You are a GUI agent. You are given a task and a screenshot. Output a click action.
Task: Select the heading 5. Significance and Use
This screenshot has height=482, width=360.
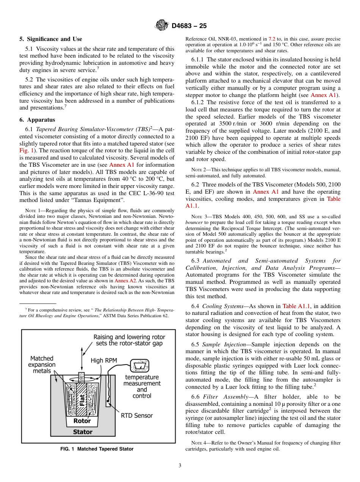coord(50,39)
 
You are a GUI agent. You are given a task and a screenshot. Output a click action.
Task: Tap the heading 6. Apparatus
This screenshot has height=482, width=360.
coord(37,120)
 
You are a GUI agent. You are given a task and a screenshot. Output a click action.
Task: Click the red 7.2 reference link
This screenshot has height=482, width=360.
coord(272,39)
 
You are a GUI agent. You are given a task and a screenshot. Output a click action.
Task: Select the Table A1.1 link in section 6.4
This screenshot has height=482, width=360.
coord(295,306)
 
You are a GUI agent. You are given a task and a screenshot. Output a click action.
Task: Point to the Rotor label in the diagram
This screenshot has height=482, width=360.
coord(82,421)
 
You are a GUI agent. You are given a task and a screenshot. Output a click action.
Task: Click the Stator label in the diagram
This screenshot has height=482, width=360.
coord(83,432)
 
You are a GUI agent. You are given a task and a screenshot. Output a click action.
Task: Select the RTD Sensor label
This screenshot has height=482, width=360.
coord(136,415)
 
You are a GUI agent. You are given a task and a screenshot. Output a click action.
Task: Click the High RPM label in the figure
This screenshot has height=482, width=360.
coord(102,361)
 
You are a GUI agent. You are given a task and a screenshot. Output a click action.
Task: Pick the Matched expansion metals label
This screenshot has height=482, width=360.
coord(42,365)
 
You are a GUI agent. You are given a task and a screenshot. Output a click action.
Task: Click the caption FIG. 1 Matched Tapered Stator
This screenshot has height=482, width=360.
coord(97,449)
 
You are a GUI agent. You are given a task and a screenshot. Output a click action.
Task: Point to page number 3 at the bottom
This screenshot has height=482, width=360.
coord(180,465)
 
